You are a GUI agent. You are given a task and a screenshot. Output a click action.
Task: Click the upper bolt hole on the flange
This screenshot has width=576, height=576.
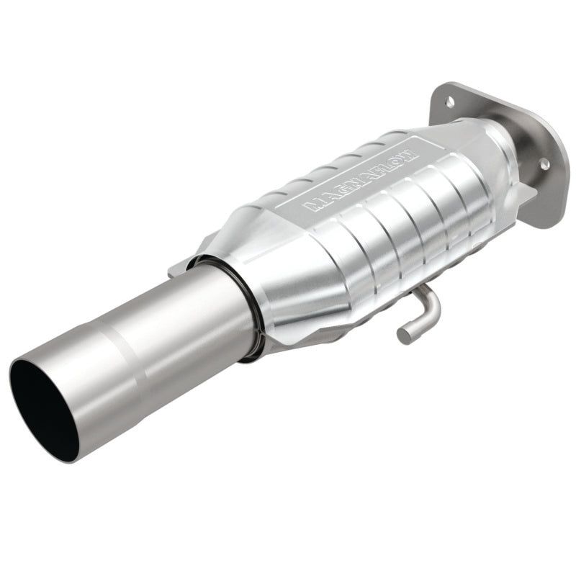click(x=449, y=102)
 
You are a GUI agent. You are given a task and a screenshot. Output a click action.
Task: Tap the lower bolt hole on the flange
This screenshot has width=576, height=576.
click(x=544, y=164)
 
